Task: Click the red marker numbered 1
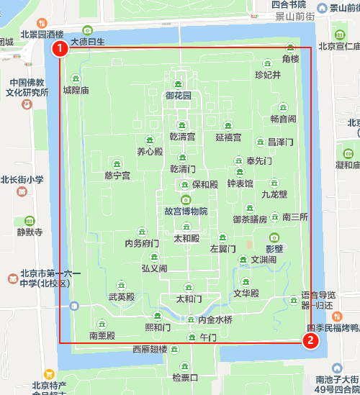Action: click(x=60, y=48)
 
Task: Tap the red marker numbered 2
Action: click(x=310, y=341)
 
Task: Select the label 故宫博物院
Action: click(x=186, y=212)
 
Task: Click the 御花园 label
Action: click(x=179, y=96)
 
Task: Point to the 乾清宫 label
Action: click(x=182, y=136)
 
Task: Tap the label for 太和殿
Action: click(x=186, y=237)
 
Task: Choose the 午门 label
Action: click(x=208, y=337)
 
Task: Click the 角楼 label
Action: click(x=291, y=58)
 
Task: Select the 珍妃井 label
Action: click(x=268, y=75)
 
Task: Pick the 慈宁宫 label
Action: click(x=117, y=176)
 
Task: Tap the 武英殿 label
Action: click(x=121, y=296)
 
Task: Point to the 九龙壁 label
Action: click(x=274, y=194)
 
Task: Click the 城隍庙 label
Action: click(x=76, y=91)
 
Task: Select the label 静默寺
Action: click(x=30, y=232)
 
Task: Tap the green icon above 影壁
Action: click(x=274, y=237)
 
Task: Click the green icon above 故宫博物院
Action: click(x=186, y=199)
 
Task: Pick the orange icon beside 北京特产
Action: click(x=49, y=374)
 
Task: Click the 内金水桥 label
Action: click(x=215, y=319)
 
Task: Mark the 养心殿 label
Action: click(x=150, y=152)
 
